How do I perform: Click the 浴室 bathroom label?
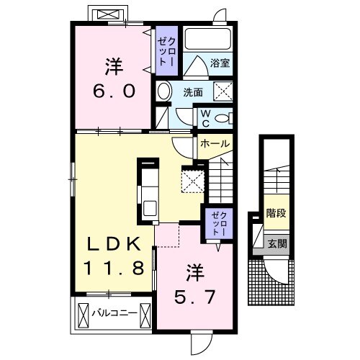(220, 63)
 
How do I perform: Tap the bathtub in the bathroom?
(208, 39)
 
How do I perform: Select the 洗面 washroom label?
(193, 92)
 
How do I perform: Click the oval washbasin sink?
(164, 91)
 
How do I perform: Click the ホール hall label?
(215, 143)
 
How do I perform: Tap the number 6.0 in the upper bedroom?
(114, 91)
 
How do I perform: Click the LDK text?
(114, 244)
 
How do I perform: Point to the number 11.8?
(114, 268)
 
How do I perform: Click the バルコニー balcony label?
(114, 313)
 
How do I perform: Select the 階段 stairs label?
(276, 213)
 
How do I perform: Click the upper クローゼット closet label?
(166, 52)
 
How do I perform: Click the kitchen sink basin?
(150, 208)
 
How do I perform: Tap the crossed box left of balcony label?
(84, 315)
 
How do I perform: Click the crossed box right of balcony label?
(145, 315)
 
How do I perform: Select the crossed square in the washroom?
(223, 91)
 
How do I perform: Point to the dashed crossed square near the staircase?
(193, 181)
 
